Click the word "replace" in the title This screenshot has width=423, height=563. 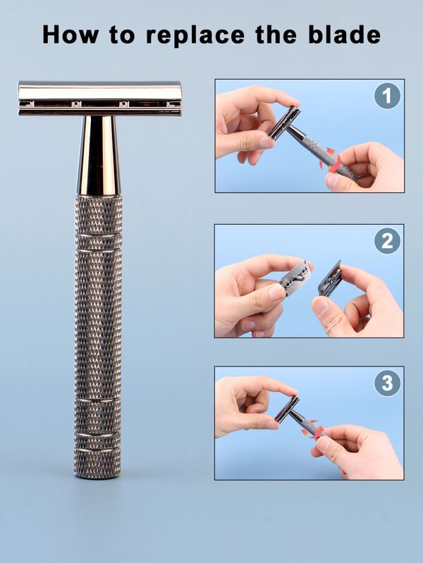pos(184,35)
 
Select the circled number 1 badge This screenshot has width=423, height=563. pos(386,96)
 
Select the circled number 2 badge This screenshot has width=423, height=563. pos(386,241)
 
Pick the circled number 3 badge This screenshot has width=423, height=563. pos(386,383)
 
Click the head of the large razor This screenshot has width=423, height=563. pos(99,98)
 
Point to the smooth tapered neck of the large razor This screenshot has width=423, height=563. pos(99,155)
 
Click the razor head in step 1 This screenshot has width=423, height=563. pos(283,123)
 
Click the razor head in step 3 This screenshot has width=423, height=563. pos(287,409)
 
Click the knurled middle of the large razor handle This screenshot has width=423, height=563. pos(98,317)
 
